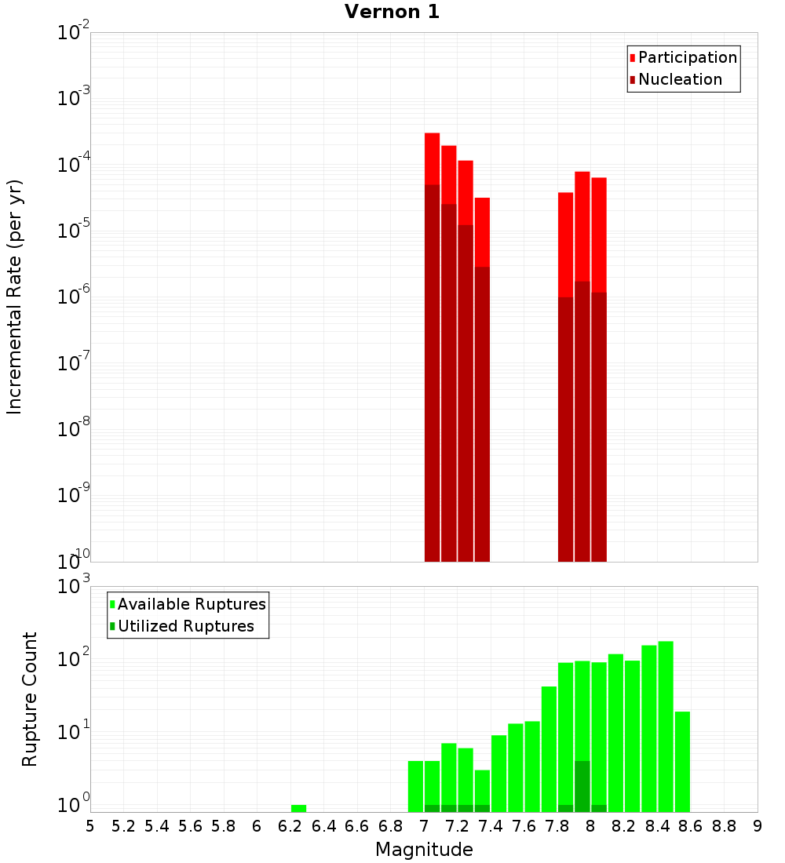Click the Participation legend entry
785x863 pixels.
687,57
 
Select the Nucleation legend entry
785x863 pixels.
679,79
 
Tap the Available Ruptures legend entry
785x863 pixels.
191,604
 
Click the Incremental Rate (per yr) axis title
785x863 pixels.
15,297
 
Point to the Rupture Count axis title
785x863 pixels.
30,699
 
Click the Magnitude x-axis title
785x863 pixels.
424,850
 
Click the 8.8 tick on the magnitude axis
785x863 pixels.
725,826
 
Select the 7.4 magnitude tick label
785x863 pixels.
491,826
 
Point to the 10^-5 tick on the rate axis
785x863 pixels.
74,231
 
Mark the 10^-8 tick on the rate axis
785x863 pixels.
74,429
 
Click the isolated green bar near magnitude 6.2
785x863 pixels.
298,808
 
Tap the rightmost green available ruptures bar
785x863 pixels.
682,761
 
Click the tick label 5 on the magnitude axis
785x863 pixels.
90,826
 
